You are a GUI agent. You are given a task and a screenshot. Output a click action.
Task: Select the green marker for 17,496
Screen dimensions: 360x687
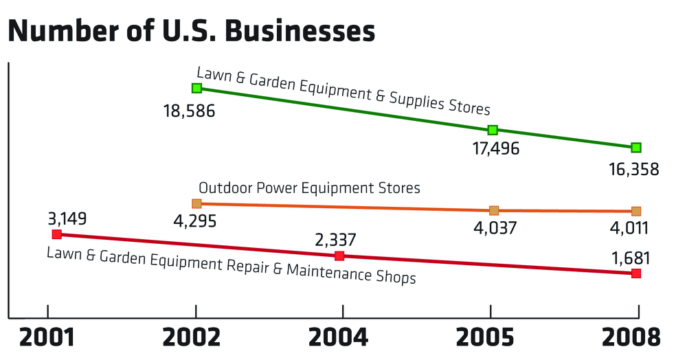(493, 130)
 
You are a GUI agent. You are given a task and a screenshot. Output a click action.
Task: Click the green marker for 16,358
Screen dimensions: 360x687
(636, 147)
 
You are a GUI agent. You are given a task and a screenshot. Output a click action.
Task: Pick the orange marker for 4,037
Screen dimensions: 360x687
(494, 210)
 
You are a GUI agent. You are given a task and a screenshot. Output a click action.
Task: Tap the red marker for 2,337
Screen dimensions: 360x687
(339, 256)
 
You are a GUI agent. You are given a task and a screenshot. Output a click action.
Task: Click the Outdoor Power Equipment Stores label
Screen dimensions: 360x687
(309, 188)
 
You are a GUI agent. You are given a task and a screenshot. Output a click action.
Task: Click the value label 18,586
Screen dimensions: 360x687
(190, 110)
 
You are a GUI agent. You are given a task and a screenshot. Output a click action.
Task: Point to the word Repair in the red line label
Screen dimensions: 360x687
(249, 267)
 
